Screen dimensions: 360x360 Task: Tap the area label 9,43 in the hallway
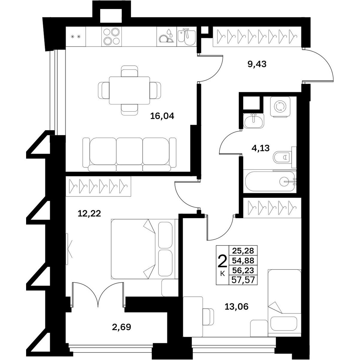point(257,64)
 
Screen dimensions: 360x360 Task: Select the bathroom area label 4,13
point(260,148)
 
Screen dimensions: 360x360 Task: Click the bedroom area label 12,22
point(89,213)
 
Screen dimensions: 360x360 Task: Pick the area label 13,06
point(236,307)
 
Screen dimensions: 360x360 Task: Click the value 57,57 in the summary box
point(243,280)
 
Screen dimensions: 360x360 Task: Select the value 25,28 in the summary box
point(243,250)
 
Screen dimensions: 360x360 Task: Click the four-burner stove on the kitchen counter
point(112,36)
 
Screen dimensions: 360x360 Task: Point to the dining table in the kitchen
point(130,90)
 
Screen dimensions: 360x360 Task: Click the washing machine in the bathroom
point(280,107)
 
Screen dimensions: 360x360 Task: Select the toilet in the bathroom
point(284,157)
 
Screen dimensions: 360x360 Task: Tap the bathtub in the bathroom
point(270,181)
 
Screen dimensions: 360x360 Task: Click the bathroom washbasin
point(253,121)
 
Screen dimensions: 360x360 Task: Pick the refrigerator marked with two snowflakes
point(76,36)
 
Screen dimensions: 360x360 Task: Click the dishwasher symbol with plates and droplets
point(166,36)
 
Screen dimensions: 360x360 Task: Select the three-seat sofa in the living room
point(130,154)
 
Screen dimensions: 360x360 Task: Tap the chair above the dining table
point(130,71)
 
